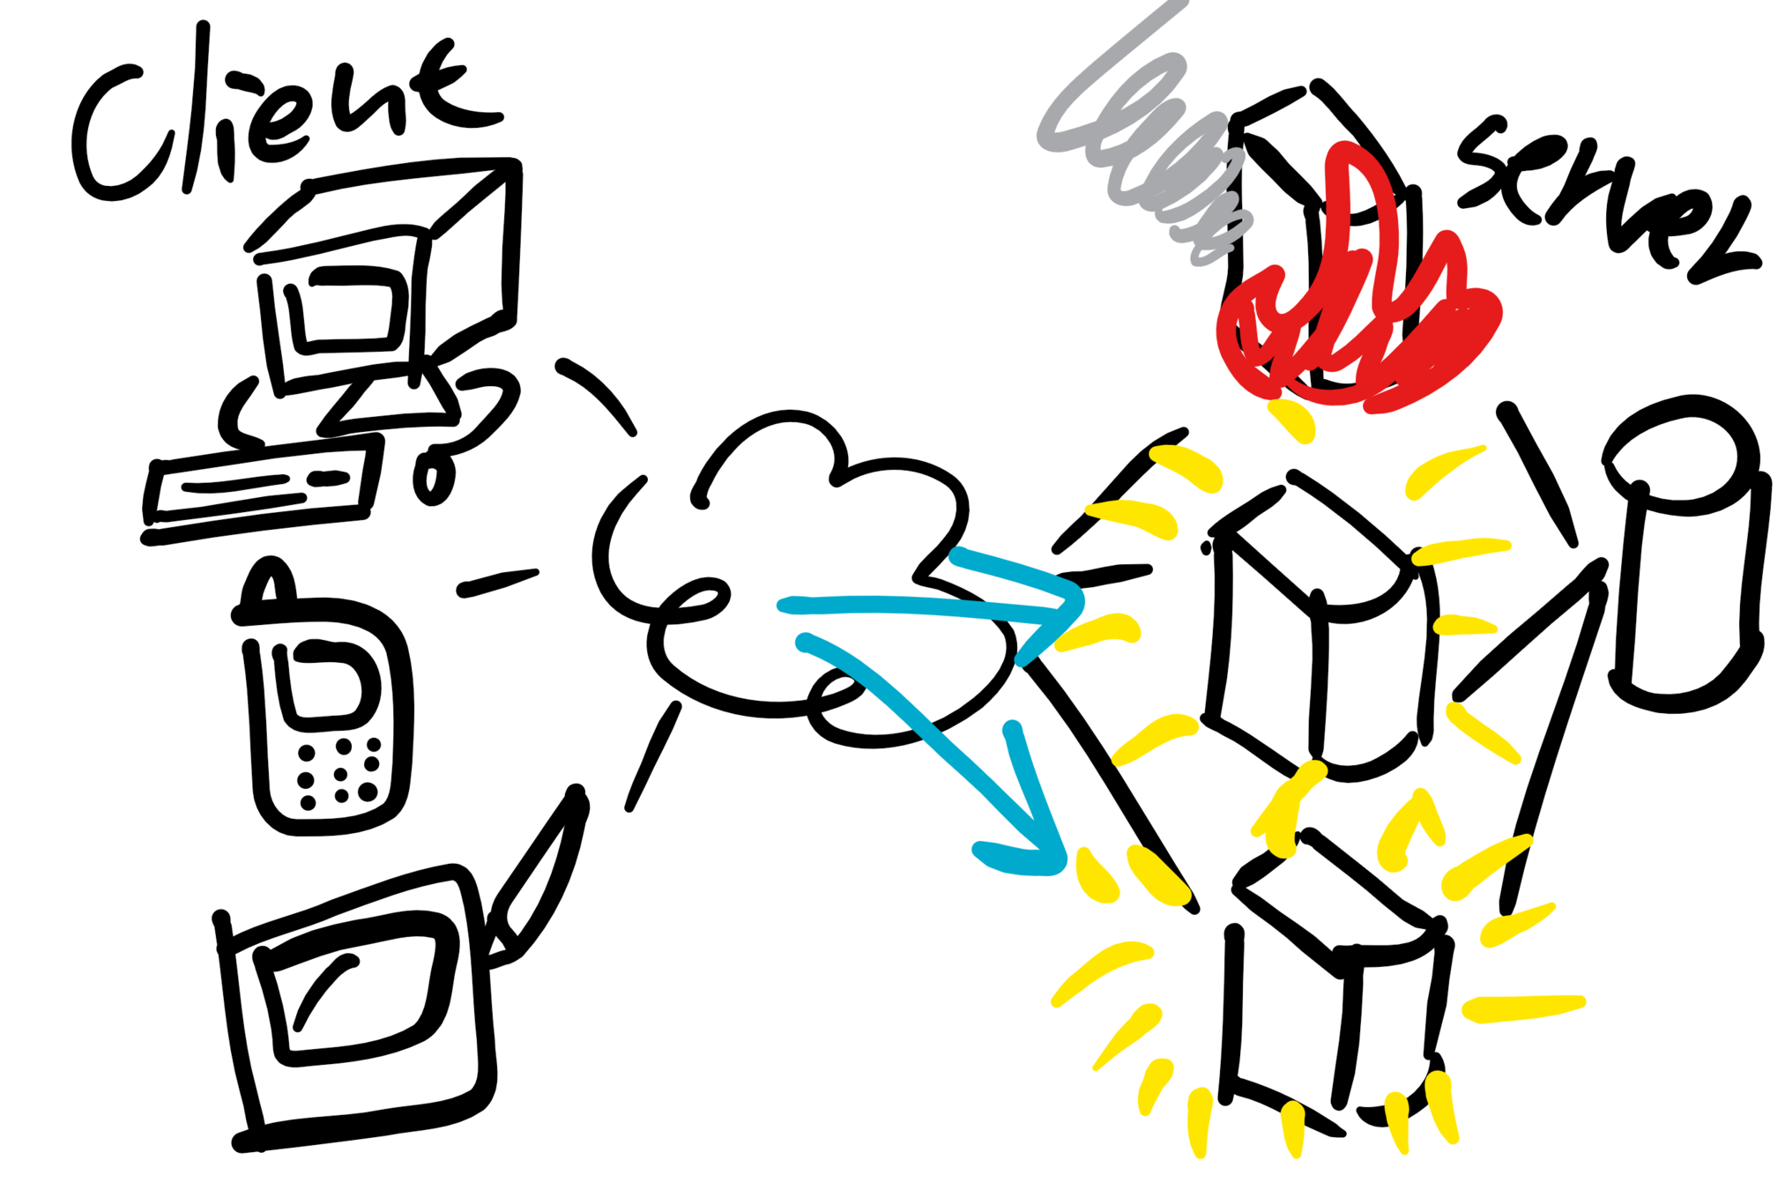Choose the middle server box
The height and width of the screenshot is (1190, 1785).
(1313, 635)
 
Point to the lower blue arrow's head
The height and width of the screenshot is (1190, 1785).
(1031, 846)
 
